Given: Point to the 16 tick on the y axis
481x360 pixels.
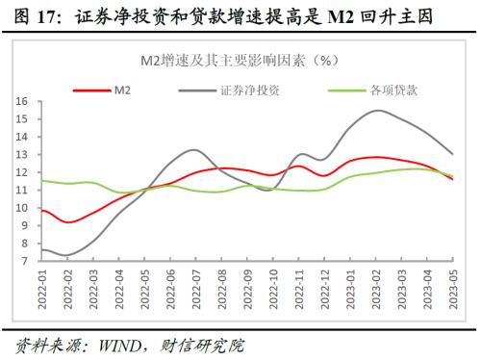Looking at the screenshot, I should [x=20, y=100].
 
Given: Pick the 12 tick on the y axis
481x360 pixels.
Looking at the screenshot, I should [x=20, y=171].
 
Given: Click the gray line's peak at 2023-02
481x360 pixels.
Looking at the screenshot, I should [x=376, y=111].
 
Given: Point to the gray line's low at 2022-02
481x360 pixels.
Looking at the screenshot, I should [x=67, y=256].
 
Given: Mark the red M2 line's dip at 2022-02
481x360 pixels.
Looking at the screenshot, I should [x=67, y=222].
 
